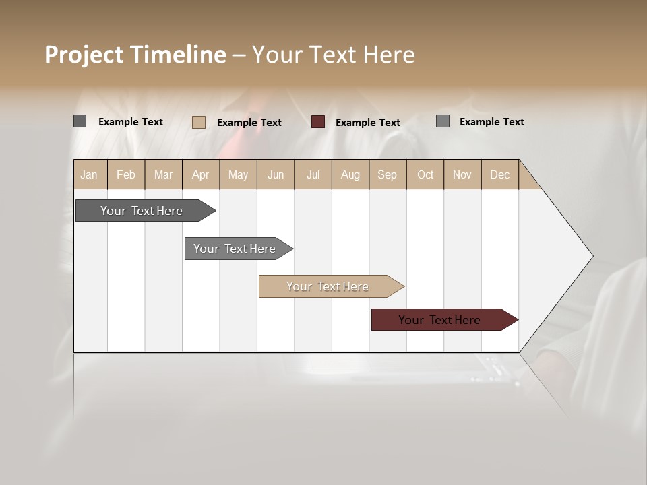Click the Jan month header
pos(90,174)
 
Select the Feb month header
pos(126,174)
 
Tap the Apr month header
pos(201,174)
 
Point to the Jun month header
pos(276,174)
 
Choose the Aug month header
pos(350,174)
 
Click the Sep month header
pos(388,174)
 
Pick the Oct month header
pos(425,174)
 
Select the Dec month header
pos(500,174)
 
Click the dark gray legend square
pos(80,121)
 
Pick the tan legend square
pos(198,122)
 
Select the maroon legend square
pos(318,122)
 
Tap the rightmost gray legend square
pos(442,121)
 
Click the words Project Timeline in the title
pos(135,55)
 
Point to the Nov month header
pos(462,174)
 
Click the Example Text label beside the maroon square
pos(368,123)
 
